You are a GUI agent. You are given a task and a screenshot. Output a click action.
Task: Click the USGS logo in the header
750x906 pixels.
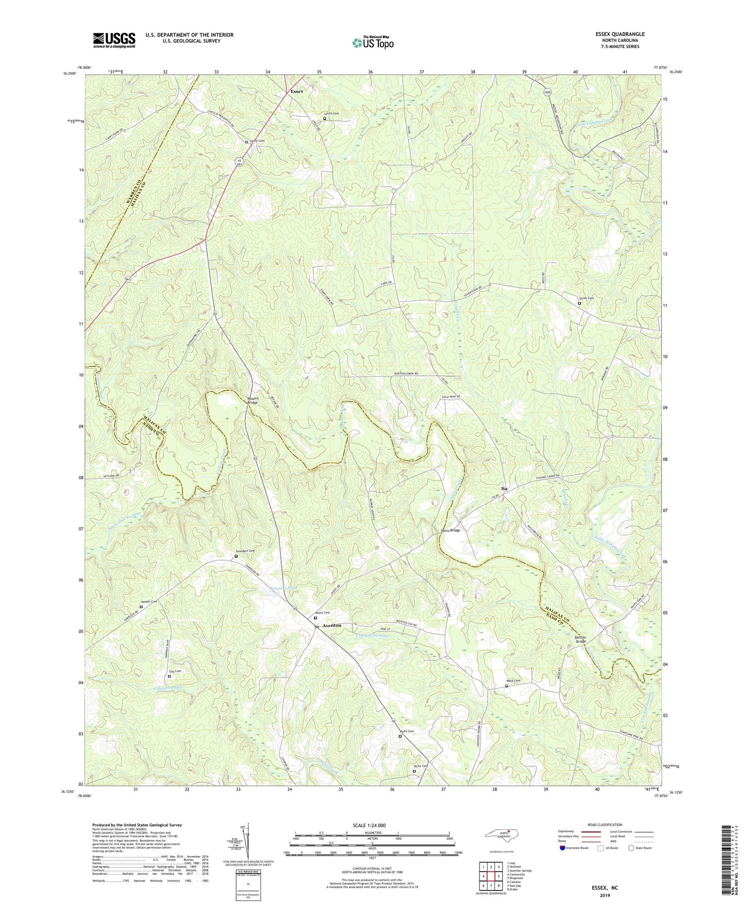[x=114, y=40]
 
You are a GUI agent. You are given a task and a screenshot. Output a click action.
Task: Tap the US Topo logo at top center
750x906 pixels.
[x=372, y=42]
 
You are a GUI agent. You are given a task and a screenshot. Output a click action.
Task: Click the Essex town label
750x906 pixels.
[x=297, y=91]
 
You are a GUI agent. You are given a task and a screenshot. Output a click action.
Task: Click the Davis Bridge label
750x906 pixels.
[x=450, y=530]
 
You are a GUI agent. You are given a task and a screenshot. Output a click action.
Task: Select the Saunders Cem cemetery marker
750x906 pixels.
[x=236, y=556]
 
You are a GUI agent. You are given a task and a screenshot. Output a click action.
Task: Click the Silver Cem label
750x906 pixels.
[x=586, y=298]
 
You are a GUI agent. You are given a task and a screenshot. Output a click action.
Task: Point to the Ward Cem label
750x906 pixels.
[x=513, y=681]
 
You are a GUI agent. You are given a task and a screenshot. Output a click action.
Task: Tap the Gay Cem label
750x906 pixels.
[x=175, y=671]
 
